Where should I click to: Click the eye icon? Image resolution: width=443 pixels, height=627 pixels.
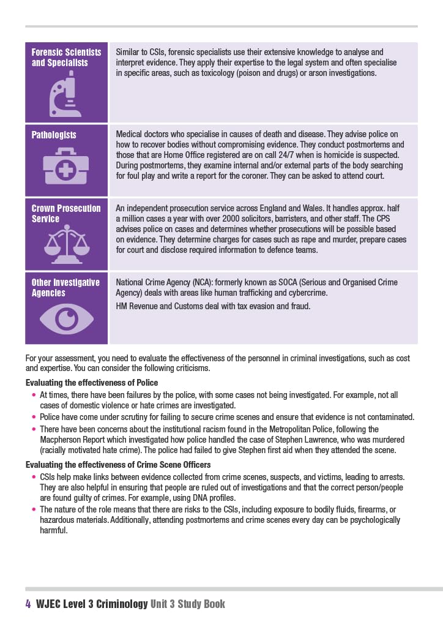(65, 317)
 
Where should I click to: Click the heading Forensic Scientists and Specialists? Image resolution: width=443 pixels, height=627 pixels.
(66, 58)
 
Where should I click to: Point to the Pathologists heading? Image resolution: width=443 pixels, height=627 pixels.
(54, 135)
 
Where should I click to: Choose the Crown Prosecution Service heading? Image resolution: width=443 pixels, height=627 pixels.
(66, 213)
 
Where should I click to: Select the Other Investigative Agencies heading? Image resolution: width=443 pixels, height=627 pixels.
(65, 287)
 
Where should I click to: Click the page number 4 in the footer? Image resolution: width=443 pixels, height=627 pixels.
(28, 604)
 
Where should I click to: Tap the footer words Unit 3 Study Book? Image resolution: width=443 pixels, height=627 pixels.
(188, 604)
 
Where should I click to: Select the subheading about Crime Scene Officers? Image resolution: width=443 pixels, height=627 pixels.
(118, 465)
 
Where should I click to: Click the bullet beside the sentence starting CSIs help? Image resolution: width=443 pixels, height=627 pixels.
(34, 476)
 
